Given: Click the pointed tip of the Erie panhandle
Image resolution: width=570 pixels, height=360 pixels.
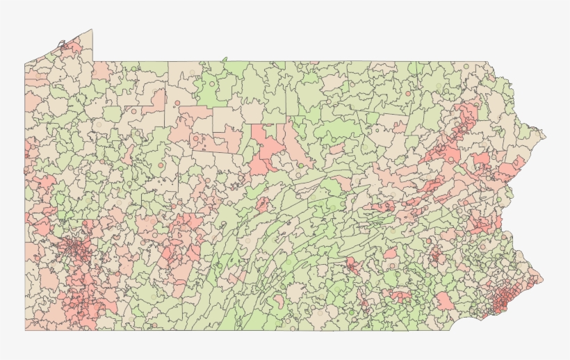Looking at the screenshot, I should (x=91, y=30).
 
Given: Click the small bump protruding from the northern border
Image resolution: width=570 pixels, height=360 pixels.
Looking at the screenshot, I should (x=225, y=60).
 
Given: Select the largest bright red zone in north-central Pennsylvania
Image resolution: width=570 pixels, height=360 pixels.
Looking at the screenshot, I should (x=266, y=147).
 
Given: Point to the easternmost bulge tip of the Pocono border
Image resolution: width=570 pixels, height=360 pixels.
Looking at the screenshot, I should (x=545, y=136).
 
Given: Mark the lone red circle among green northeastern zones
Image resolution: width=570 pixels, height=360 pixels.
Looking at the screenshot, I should (x=406, y=92).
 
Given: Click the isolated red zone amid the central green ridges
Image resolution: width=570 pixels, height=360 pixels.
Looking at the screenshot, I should (x=263, y=204).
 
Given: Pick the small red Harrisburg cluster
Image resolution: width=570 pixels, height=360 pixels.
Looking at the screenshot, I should (x=353, y=265).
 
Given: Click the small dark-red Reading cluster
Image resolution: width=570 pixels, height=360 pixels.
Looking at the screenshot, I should (x=436, y=255).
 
